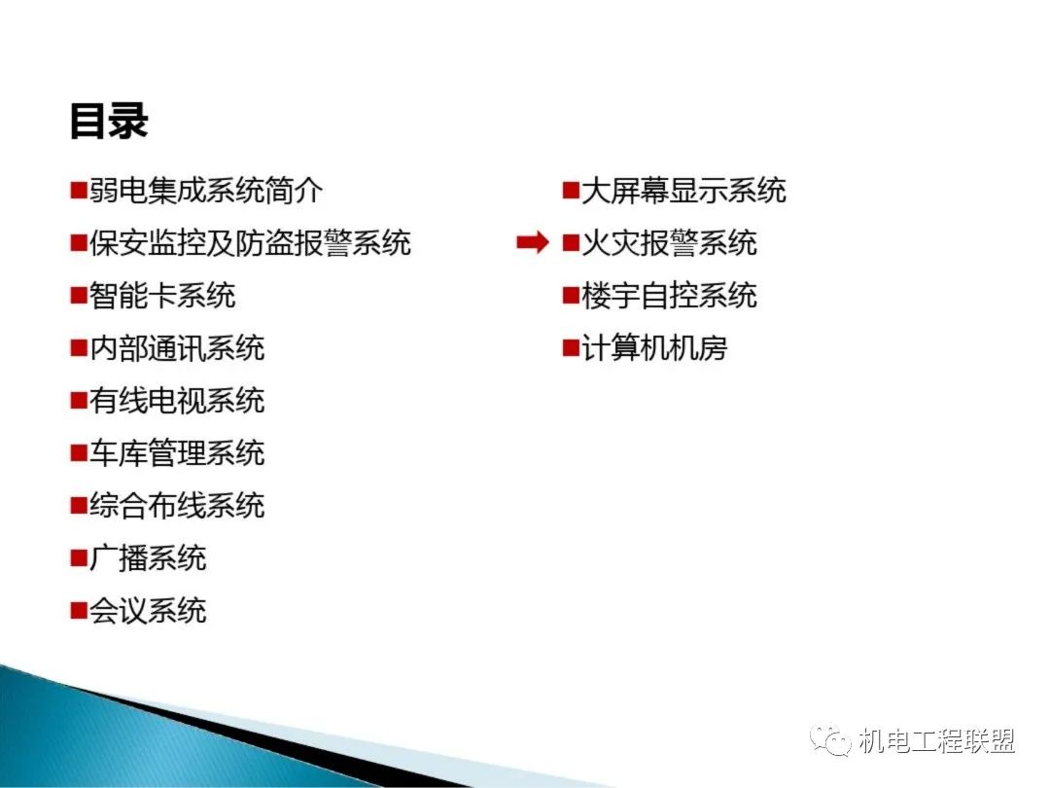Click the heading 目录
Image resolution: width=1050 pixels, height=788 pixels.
click(x=109, y=122)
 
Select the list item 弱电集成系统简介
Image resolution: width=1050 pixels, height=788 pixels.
click(x=206, y=191)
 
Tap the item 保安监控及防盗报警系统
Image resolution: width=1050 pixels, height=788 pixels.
click(x=250, y=242)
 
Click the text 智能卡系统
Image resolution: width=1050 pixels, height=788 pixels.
click(x=162, y=296)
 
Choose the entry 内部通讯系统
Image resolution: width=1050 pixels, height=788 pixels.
click(x=177, y=347)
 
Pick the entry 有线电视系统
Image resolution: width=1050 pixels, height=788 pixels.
click(x=177, y=400)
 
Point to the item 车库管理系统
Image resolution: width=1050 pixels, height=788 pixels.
click(x=177, y=453)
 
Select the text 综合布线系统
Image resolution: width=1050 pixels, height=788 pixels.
click(x=177, y=505)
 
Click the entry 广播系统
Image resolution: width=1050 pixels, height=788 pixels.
click(x=148, y=557)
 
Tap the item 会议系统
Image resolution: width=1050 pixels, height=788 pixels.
click(x=148, y=610)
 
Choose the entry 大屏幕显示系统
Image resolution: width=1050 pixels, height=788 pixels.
click(x=683, y=191)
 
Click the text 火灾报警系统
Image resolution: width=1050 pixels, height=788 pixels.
click(x=669, y=242)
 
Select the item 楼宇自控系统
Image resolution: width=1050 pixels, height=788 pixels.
click(x=669, y=296)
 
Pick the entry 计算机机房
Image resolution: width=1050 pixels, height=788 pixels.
click(x=654, y=347)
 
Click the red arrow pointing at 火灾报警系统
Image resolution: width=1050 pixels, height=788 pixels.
click(x=533, y=242)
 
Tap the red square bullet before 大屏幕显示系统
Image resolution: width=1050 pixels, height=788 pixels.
click(x=571, y=191)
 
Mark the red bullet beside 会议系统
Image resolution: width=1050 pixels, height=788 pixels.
click(x=79, y=611)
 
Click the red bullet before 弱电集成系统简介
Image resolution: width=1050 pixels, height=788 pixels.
click(x=79, y=191)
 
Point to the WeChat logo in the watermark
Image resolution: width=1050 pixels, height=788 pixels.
click(x=830, y=739)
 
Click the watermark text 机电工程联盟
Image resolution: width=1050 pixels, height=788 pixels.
click(x=937, y=741)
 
